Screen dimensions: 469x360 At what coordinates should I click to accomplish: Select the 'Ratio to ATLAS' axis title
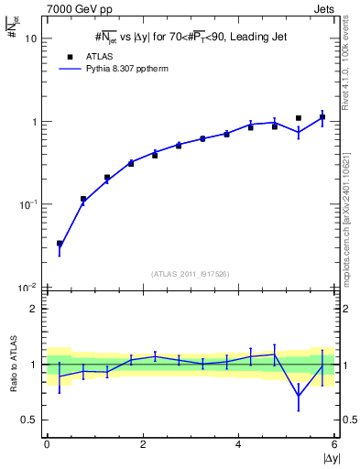point(13,364)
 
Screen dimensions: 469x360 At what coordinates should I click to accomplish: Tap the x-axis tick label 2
point(143,444)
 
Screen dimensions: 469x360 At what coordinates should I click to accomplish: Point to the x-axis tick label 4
point(238,444)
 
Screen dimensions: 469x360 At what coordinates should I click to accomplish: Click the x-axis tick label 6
point(334,444)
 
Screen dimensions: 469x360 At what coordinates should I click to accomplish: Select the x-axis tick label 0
point(47,444)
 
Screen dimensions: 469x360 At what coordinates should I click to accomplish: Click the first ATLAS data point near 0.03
point(60,244)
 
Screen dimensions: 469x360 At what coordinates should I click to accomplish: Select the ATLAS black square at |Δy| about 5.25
point(299,118)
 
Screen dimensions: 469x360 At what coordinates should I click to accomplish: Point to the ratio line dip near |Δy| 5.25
point(299,397)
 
